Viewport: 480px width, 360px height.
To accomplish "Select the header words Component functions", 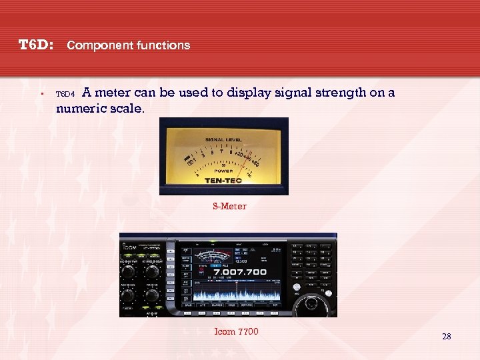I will pyautogui.click(x=129, y=46).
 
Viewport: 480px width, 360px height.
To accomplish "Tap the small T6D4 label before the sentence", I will pyautogui.click(x=66, y=95).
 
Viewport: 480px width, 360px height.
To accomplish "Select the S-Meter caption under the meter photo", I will pyautogui.click(x=229, y=207).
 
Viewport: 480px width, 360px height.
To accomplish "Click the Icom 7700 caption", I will pyautogui.click(x=236, y=332).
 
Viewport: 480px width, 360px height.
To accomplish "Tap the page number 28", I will pyautogui.click(x=446, y=337).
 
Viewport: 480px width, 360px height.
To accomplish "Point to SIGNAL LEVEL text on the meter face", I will pyautogui.click(x=224, y=139).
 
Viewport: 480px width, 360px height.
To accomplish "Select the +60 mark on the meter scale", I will pyautogui.click(x=256, y=163).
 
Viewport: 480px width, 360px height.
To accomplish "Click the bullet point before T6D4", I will pyautogui.click(x=41, y=94).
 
